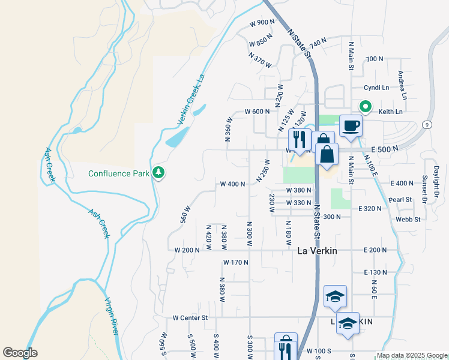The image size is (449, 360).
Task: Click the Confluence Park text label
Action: point(118,174)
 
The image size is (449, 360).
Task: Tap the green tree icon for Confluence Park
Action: point(159,173)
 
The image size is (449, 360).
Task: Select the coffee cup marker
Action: point(351,126)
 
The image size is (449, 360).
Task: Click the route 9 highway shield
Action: point(425,124)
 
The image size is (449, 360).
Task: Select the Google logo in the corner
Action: point(20,353)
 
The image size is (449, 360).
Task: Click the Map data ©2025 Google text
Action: point(412,355)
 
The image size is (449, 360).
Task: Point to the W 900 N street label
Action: point(262,22)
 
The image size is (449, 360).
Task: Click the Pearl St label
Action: point(400,199)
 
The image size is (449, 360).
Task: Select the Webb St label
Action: point(408,220)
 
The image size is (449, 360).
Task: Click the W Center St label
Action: point(190,317)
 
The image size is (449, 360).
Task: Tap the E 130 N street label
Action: point(376,272)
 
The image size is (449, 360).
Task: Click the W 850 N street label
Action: point(261,43)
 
